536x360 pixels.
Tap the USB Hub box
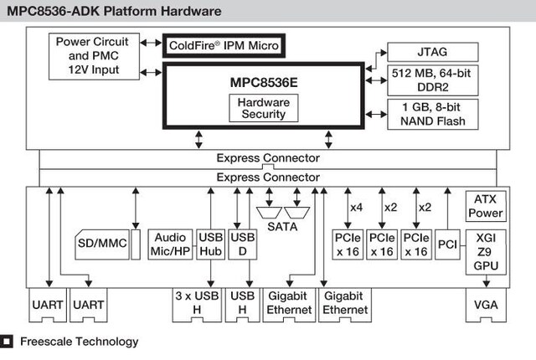coord(209,244)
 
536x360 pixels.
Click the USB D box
coord(242,244)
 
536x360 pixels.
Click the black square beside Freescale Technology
coord(7,342)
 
